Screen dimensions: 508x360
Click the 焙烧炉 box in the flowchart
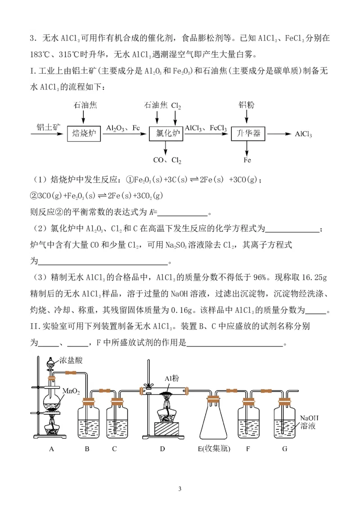[84, 134]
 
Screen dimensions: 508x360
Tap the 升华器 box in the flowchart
[248, 134]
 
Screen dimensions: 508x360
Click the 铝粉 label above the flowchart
[247, 105]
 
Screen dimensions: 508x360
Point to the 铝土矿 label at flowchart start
[48, 127]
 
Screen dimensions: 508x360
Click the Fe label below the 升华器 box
[247, 160]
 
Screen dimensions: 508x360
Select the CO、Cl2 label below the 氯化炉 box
[167, 160]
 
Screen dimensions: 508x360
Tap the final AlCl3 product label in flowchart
[303, 134]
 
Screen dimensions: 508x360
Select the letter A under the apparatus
[51, 449]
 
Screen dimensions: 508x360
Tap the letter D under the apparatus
[162, 449]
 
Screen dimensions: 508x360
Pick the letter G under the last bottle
[284, 449]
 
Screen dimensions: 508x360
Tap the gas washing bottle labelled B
[87, 419]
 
